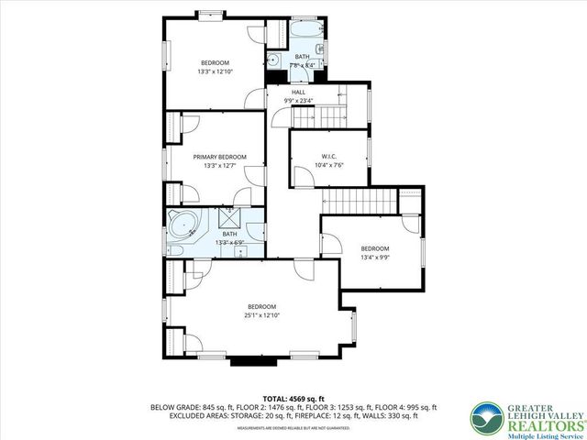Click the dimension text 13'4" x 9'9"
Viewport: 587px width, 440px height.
click(x=373, y=258)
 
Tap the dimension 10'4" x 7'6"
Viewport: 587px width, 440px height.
click(x=329, y=165)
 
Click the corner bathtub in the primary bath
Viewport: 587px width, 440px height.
click(x=182, y=225)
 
